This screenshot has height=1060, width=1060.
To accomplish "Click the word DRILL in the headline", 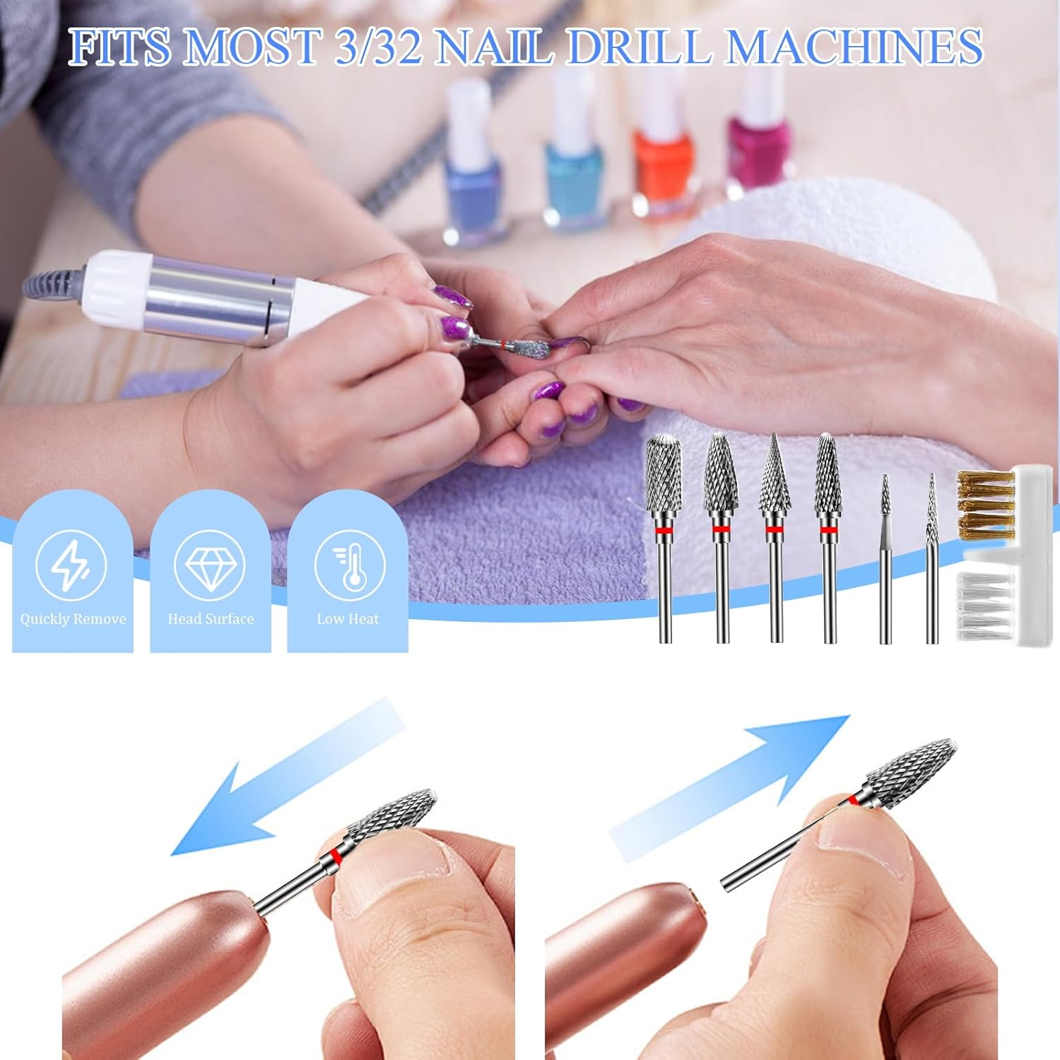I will (639, 47).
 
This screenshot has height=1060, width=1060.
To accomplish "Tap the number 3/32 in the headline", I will (379, 47).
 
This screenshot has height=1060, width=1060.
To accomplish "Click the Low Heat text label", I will (348, 619).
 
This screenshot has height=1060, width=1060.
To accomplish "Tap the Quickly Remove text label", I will (73, 619).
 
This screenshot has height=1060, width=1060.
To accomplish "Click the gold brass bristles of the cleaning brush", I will (986, 505).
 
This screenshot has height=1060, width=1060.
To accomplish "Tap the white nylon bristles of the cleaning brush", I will (984, 604).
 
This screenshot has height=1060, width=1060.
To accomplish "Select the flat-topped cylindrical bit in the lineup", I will (664, 475).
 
